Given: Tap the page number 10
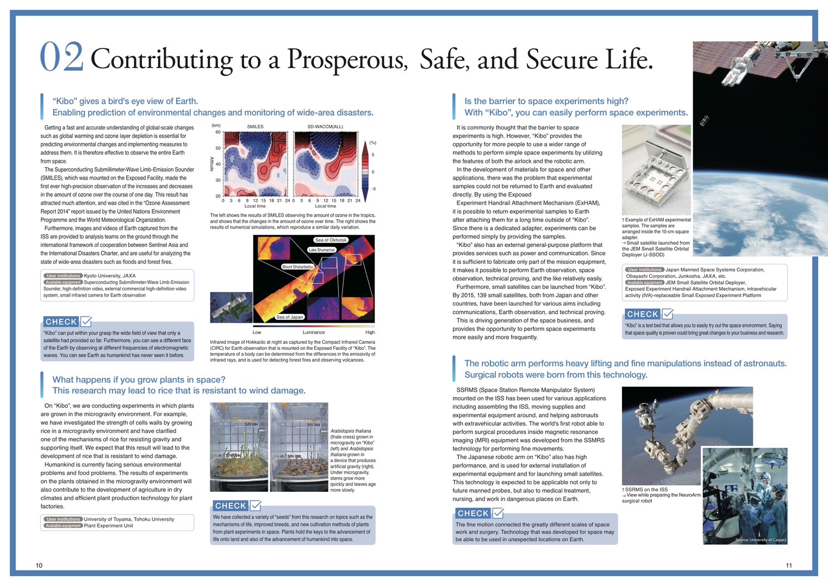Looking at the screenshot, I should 39,565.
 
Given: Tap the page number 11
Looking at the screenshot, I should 789,565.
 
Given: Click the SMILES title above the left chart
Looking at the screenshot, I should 255,127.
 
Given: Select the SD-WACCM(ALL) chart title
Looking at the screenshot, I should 325,127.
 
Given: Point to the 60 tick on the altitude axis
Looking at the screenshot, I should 218,132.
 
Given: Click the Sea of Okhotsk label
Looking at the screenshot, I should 331,240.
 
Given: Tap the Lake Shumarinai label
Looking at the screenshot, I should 322,250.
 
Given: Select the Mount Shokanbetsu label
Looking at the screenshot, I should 297,267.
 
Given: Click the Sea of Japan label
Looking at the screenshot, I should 290,317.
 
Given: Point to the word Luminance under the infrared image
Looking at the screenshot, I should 314,332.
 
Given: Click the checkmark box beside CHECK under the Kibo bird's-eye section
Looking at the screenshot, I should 86,322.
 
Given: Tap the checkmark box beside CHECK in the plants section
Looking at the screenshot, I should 256,505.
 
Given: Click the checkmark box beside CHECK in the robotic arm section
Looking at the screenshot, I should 498,513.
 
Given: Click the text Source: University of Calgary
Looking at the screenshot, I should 761,540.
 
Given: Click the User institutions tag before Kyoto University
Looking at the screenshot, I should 63,276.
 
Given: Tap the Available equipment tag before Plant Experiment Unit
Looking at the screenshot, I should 63,526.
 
